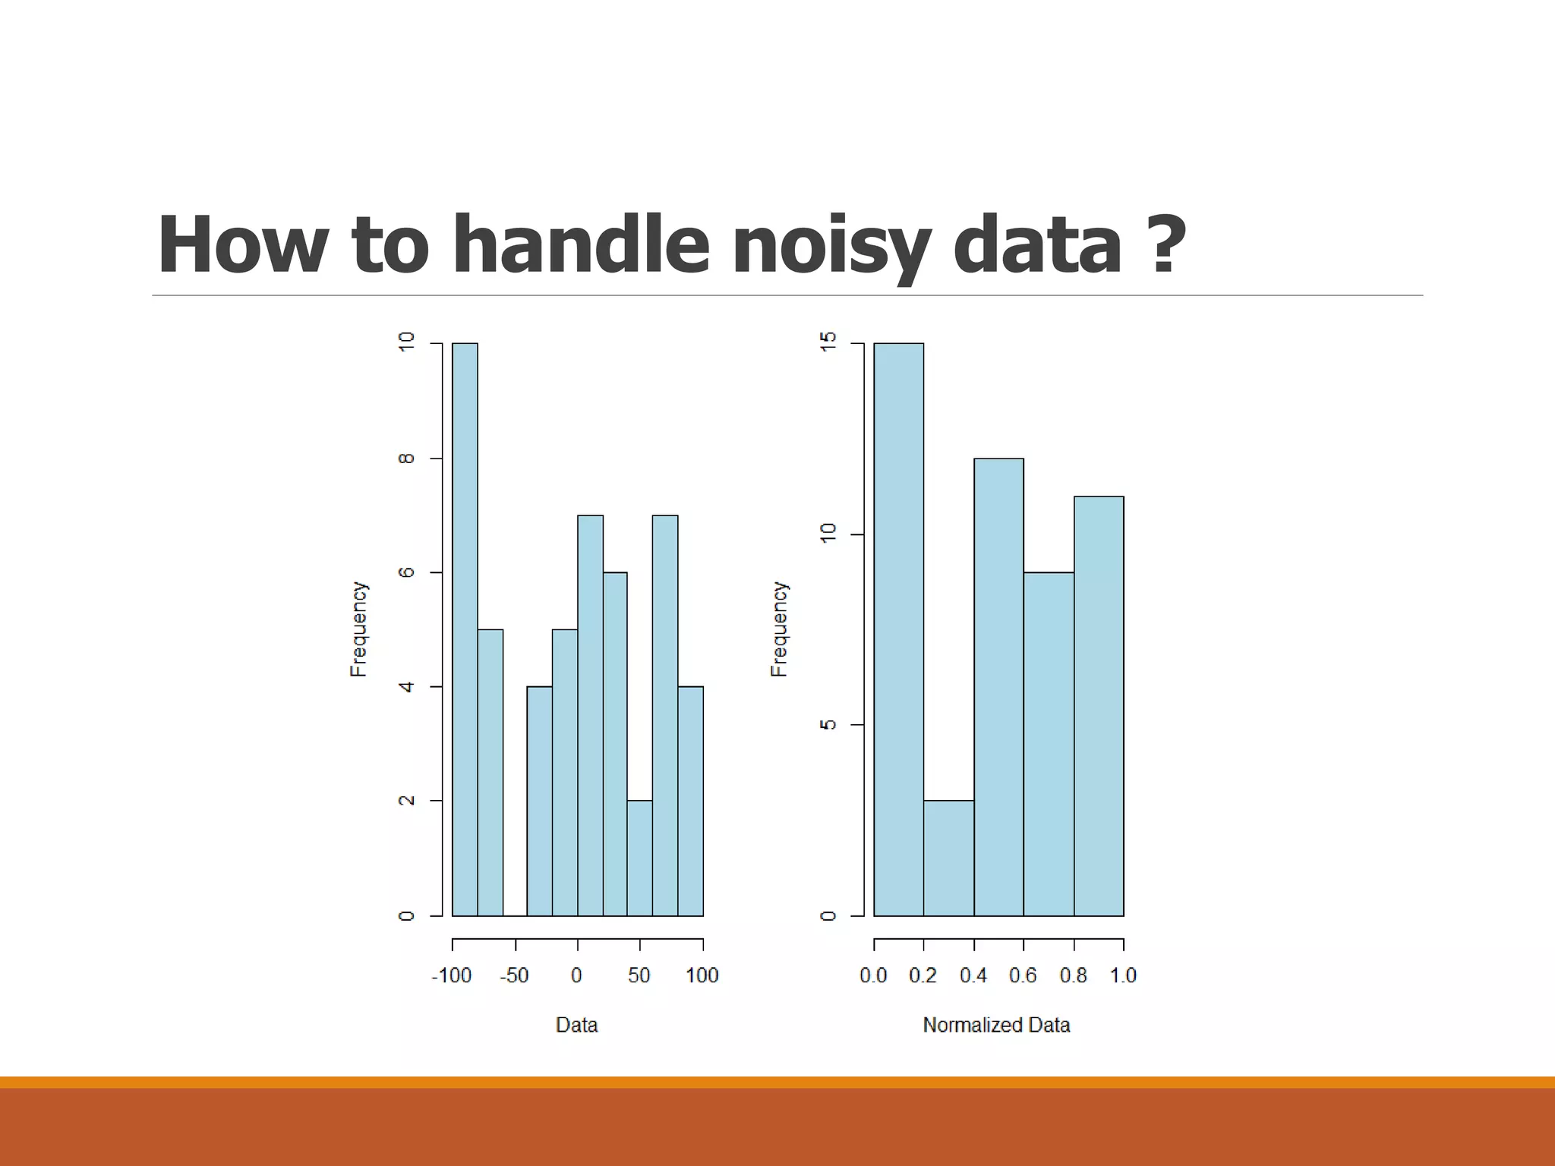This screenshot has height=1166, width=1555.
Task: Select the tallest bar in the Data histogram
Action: click(465, 629)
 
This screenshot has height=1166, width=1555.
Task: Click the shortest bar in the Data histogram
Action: click(639, 858)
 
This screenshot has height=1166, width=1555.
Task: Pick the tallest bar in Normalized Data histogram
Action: click(898, 629)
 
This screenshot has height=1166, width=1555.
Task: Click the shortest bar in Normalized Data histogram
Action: click(948, 858)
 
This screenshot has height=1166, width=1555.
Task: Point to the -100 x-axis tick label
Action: click(452, 975)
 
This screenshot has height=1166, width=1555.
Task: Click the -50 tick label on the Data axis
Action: click(514, 975)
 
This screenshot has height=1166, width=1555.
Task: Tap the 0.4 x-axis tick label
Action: click(973, 975)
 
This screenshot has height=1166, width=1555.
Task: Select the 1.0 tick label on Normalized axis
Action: click(1123, 975)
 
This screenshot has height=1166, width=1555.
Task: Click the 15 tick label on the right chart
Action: click(828, 342)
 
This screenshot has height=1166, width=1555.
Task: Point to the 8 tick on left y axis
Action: click(407, 458)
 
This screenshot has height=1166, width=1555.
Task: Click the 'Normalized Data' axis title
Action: click(996, 1025)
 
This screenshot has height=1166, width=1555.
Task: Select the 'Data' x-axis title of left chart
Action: click(576, 1025)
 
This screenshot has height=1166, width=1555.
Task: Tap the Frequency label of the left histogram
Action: click(358, 629)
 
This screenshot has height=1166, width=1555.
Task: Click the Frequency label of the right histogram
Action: click(779, 629)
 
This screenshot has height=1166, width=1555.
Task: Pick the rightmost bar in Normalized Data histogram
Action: click(1099, 706)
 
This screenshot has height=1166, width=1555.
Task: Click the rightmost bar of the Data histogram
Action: click(690, 801)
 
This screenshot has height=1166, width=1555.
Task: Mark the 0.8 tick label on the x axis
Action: click(1073, 975)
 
